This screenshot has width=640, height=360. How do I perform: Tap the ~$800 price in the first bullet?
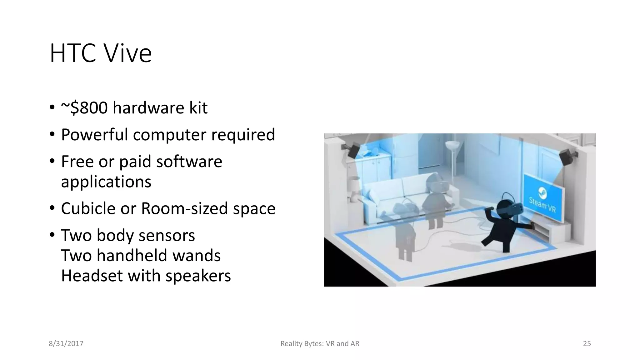(x=84, y=108)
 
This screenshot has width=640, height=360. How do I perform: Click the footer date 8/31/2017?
(x=66, y=344)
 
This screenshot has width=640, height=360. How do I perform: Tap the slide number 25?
(x=587, y=344)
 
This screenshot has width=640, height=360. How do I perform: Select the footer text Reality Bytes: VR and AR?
(x=320, y=344)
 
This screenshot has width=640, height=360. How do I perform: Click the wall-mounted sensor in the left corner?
(x=353, y=150)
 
